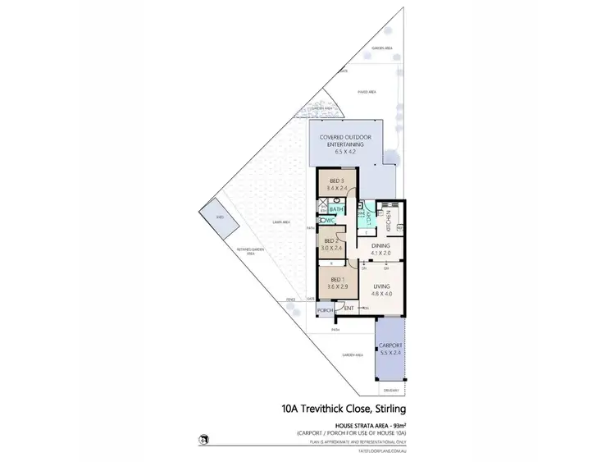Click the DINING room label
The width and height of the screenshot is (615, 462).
pyautogui.click(x=380, y=245)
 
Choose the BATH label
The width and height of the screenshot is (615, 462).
pyautogui.click(x=337, y=209)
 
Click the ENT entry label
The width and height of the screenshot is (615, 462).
pyautogui.click(x=349, y=308)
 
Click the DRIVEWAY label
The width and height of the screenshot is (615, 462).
pyautogui.click(x=389, y=390)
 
